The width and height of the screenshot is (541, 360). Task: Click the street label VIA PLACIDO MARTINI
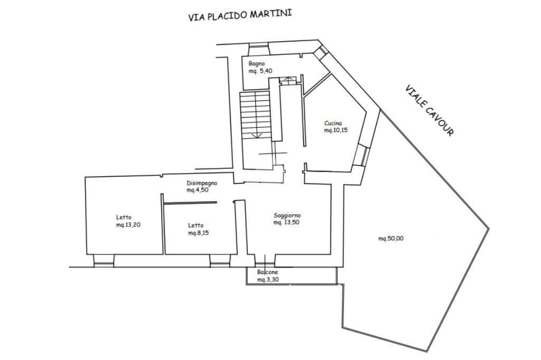pyautogui.click(x=240, y=15)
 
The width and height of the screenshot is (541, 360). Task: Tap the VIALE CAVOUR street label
pyautogui.click(x=429, y=110)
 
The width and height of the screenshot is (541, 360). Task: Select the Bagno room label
pyautogui.click(x=257, y=64)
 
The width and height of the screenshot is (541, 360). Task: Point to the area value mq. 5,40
pyautogui.click(x=261, y=71)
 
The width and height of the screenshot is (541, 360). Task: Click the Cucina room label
pyautogui.click(x=333, y=123)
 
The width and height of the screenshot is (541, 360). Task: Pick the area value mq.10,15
pyautogui.click(x=335, y=130)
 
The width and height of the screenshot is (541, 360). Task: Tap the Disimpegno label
pyautogui.click(x=202, y=183)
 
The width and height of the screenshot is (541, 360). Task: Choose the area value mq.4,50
pyautogui.click(x=198, y=190)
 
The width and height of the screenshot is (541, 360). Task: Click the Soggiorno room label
pyautogui.click(x=287, y=215)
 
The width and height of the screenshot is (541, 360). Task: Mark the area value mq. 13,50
pyautogui.click(x=286, y=222)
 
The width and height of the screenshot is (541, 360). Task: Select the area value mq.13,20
pyautogui.click(x=128, y=225)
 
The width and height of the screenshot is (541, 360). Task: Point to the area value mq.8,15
pyautogui.click(x=199, y=233)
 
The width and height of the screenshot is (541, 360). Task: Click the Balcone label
pyautogui.click(x=267, y=272)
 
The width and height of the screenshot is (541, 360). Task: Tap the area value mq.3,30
pyautogui.click(x=268, y=280)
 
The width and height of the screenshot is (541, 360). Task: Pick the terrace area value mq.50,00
pyautogui.click(x=391, y=238)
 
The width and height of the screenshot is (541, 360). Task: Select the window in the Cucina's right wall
pyautogui.click(x=362, y=156)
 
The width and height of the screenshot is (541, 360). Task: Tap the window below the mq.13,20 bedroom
pyautogui.click(x=104, y=261)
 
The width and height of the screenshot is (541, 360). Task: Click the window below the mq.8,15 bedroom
pyautogui.click(x=220, y=261)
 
